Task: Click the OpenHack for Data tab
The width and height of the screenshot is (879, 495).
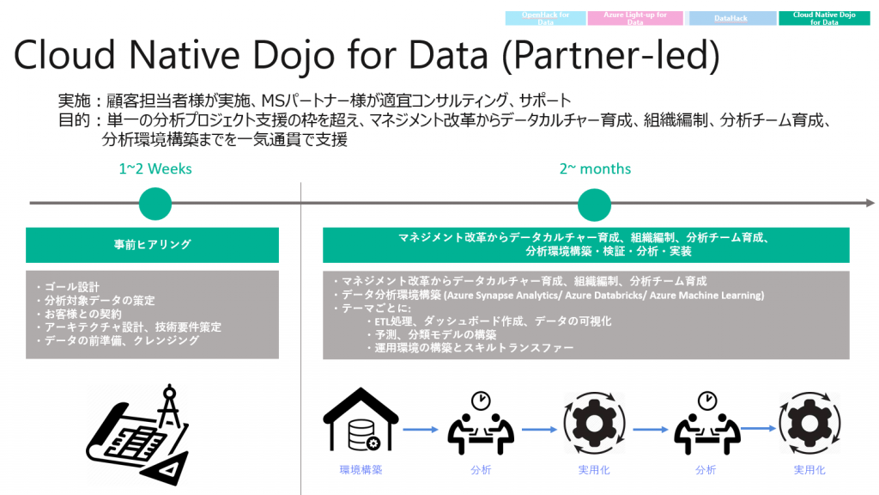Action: [546, 18]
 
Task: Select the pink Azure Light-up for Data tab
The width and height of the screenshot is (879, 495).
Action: [635, 18]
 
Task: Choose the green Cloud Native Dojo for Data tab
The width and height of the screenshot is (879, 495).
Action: [824, 18]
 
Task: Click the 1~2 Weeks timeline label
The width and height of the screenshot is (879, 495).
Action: [155, 168]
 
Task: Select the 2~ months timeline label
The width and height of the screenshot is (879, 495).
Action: [595, 168]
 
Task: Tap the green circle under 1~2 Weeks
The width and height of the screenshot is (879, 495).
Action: [155, 204]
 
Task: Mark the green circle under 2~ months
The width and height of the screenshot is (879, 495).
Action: [594, 204]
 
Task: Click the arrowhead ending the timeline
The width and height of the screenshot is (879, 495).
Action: [870, 204]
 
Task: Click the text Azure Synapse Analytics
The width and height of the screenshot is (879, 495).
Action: [503, 296]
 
